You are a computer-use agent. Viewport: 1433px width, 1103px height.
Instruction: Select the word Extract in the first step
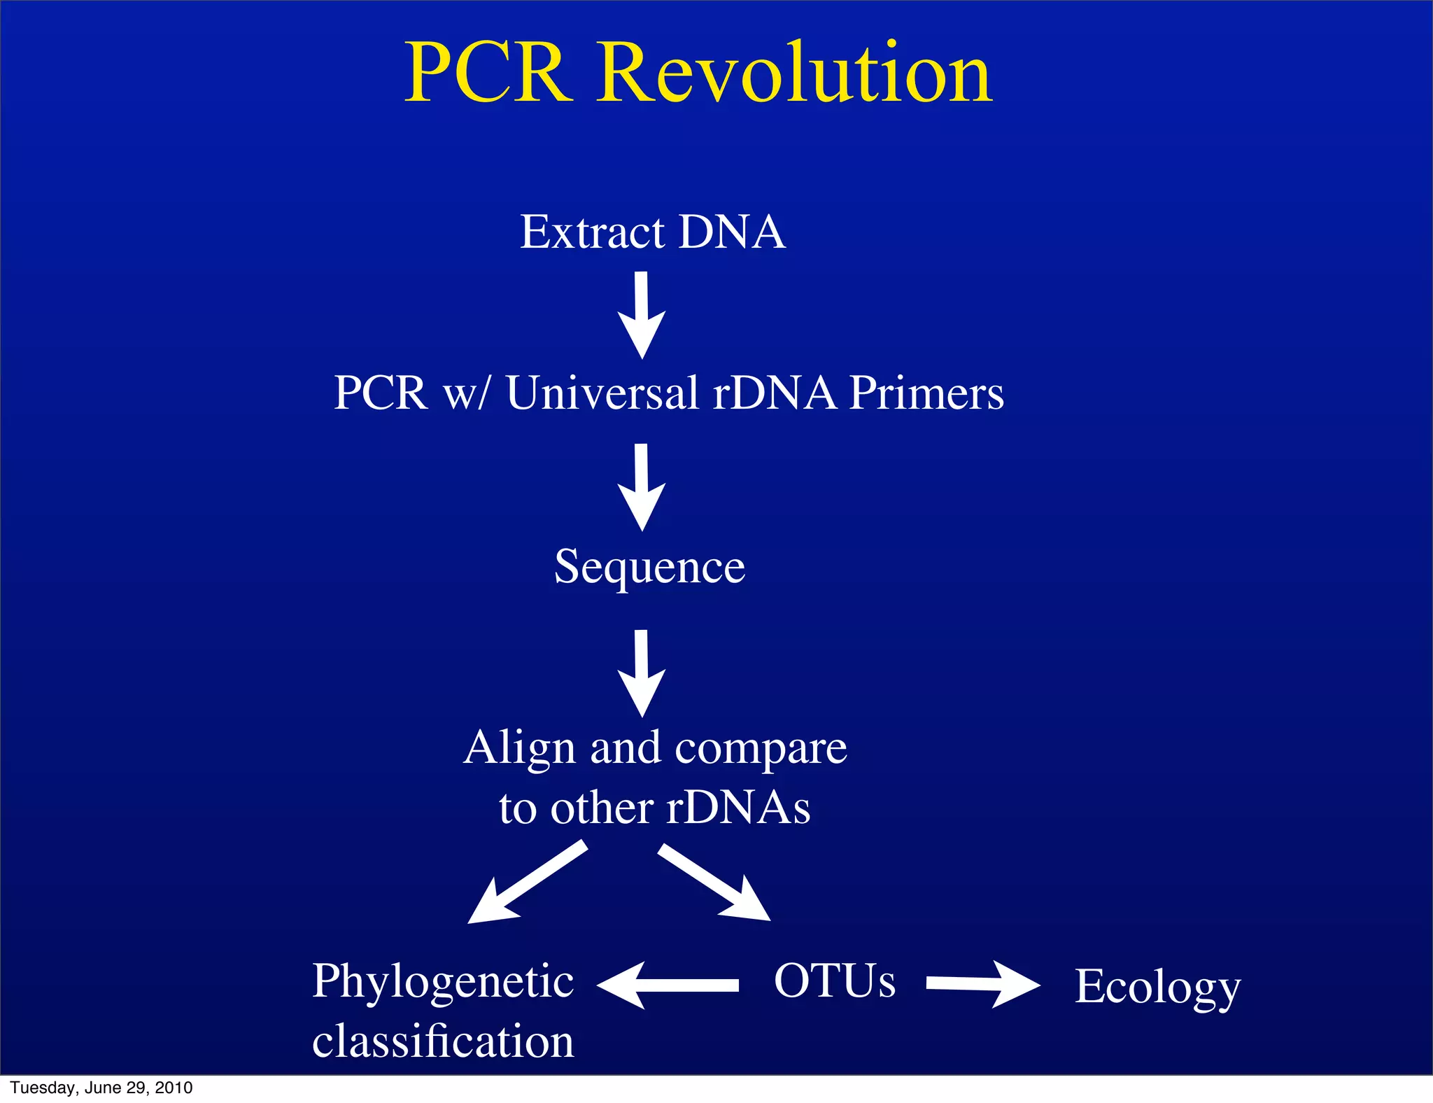tap(592, 232)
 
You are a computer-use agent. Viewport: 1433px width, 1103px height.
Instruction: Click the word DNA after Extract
tap(732, 232)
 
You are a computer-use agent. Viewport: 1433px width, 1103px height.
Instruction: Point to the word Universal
tap(602, 393)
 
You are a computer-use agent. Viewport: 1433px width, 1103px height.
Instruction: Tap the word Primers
tap(926, 393)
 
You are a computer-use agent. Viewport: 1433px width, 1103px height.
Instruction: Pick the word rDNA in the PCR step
tap(774, 393)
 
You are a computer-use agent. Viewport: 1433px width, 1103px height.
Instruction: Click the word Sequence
tap(649, 567)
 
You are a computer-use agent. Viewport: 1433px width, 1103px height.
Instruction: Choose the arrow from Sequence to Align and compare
tap(642, 673)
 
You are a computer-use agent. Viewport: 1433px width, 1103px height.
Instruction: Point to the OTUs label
tap(834, 981)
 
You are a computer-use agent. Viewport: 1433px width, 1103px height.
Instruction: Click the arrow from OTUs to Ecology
tap(983, 985)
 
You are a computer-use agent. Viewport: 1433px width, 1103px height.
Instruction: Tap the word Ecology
tap(1157, 988)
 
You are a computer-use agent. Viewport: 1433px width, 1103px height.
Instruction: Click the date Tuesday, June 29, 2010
tap(101, 1088)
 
